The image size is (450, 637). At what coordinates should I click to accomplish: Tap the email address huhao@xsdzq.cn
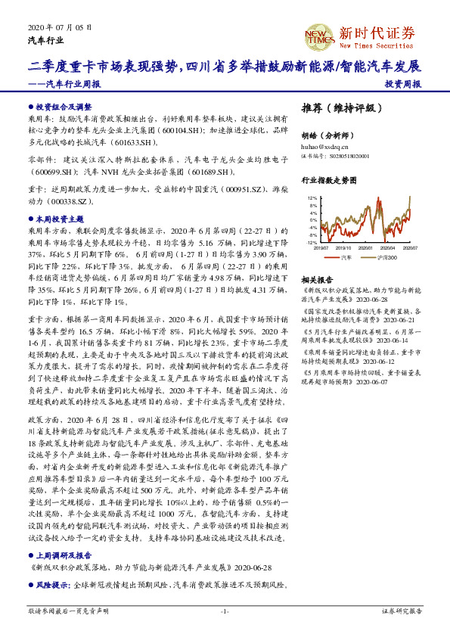[324, 147]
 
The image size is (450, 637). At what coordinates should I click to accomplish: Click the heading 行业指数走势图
[328, 182]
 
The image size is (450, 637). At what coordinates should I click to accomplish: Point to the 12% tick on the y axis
[312, 197]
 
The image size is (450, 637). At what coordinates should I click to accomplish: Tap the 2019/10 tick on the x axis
[345, 247]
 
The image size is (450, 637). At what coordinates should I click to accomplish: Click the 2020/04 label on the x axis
[389, 247]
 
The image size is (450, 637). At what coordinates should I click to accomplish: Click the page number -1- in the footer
[225, 611]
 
